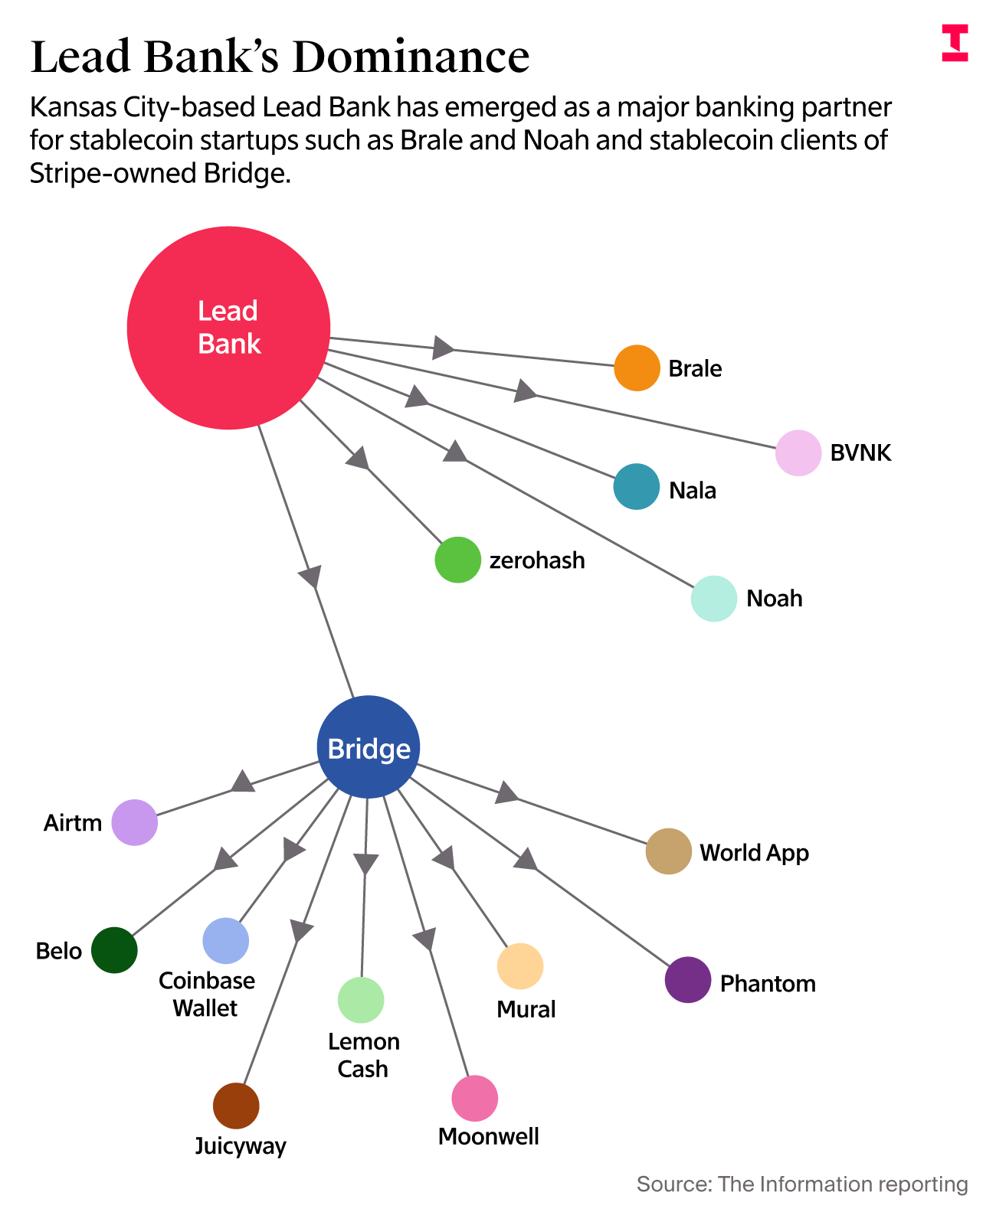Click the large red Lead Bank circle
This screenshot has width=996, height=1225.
click(x=228, y=328)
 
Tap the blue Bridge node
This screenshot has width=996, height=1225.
click(x=369, y=747)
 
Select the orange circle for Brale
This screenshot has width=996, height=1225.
click(x=637, y=368)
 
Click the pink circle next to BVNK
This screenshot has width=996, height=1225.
click(x=798, y=452)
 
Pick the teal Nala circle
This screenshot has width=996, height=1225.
click(x=637, y=487)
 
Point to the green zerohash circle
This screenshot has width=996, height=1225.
click(x=457, y=560)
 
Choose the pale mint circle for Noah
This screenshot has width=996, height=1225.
click(x=714, y=598)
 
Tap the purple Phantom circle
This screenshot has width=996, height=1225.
click(x=688, y=979)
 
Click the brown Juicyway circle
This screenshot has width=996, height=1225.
click(x=236, y=1106)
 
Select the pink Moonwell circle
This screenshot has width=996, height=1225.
click(x=475, y=1099)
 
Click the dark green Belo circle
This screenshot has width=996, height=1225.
click(x=114, y=950)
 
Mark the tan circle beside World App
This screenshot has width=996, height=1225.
click(x=669, y=851)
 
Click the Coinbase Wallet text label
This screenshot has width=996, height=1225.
click(x=206, y=994)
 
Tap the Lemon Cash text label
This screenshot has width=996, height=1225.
click(x=363, y=1055)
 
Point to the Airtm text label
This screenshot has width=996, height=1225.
click(x=73, y=823)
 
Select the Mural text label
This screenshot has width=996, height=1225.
click(x=526, y=1009)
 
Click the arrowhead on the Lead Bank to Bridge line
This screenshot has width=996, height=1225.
click(x=310, y=576)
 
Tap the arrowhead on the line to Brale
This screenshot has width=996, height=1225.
click(x=443, y=347)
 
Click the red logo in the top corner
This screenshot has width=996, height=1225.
click(x=955, y=42)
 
